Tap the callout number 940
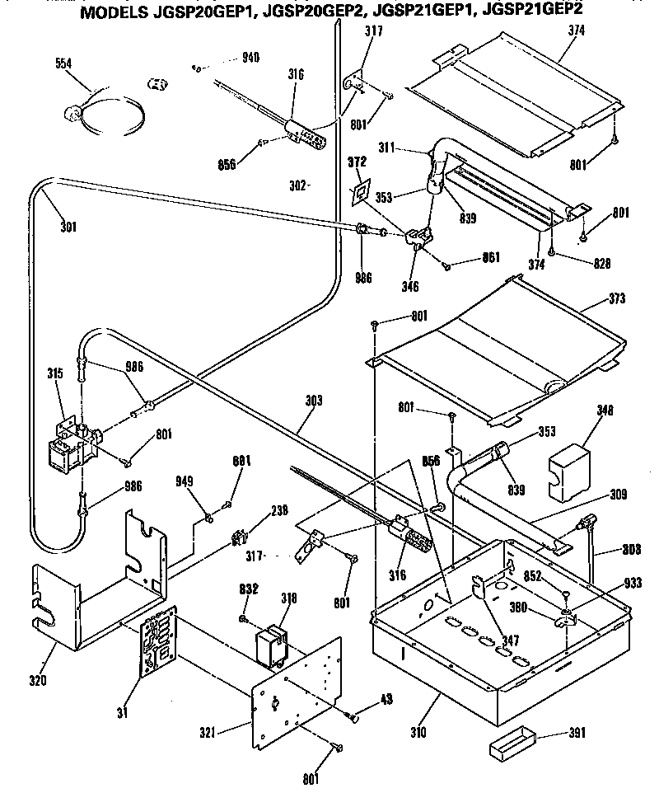pyautogui.click(x=250, y=57)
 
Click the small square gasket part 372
pyautogui.click(x=360, y=192)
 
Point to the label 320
pyautogui.click(x=39, y=680)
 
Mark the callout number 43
pyautogui.click(x=385, y=700)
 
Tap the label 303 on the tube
pyautogui.click(x=312, y=401)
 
